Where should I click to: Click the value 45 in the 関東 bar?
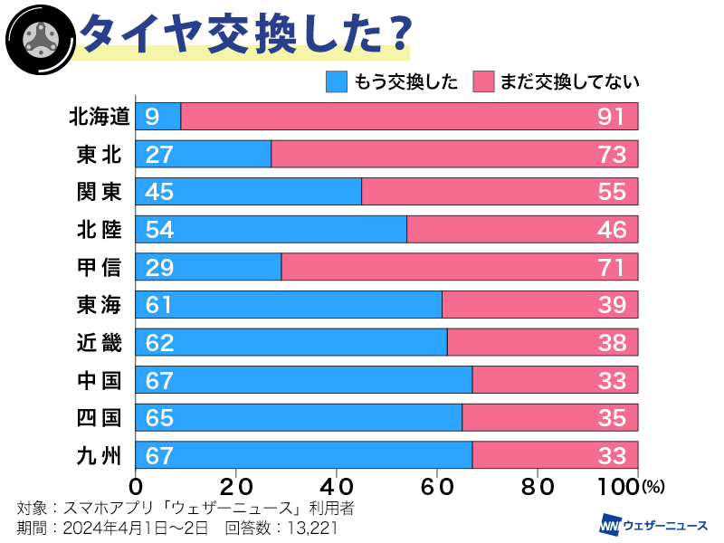point(158,193)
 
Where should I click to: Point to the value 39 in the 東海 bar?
point(612,306)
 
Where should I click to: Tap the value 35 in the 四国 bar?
point(612,418)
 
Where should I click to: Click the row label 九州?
point(99,456)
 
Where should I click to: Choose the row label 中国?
point(99,381)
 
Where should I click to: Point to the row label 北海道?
point(99,117)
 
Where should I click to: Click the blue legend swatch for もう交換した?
point(337,81)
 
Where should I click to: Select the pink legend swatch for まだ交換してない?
point(484,81)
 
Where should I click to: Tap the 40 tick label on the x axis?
point(337,485)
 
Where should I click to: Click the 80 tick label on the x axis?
point(538,485)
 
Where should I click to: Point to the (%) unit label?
point(653,487)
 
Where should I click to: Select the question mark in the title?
point(391,34)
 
